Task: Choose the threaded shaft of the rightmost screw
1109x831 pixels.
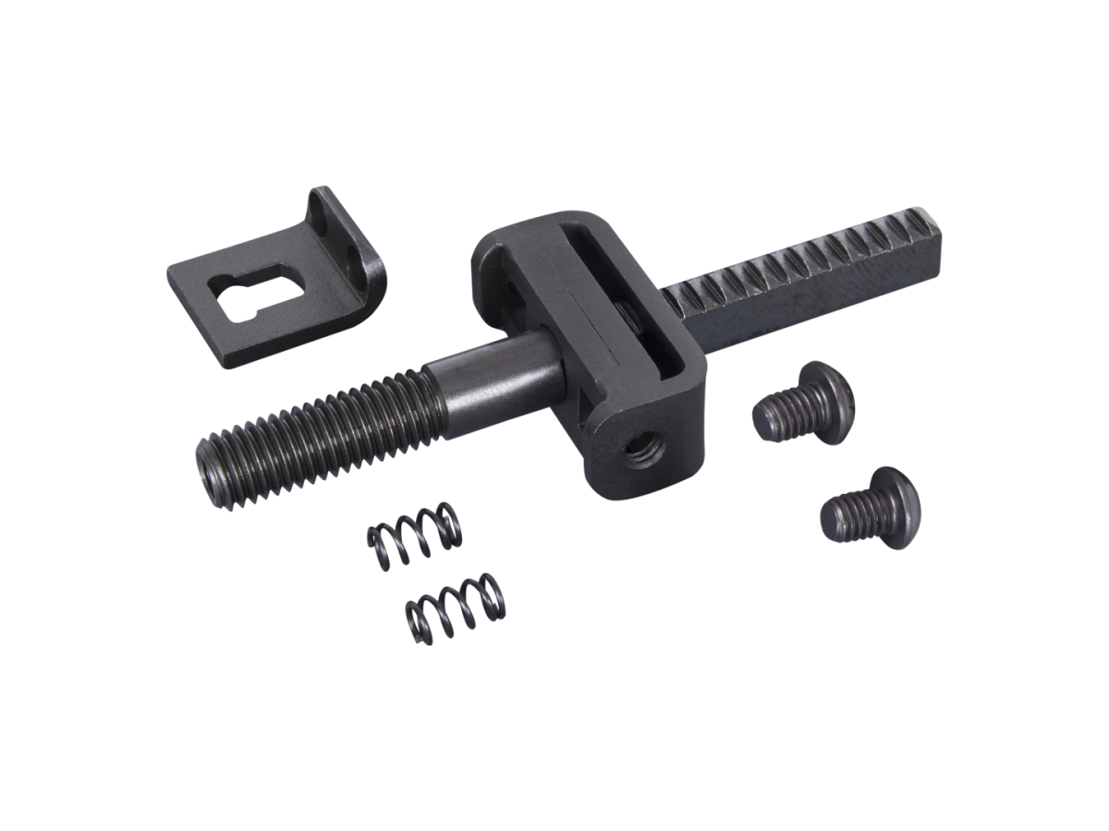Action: pos(846,514)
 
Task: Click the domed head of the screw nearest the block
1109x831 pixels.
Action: pos(827,389)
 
